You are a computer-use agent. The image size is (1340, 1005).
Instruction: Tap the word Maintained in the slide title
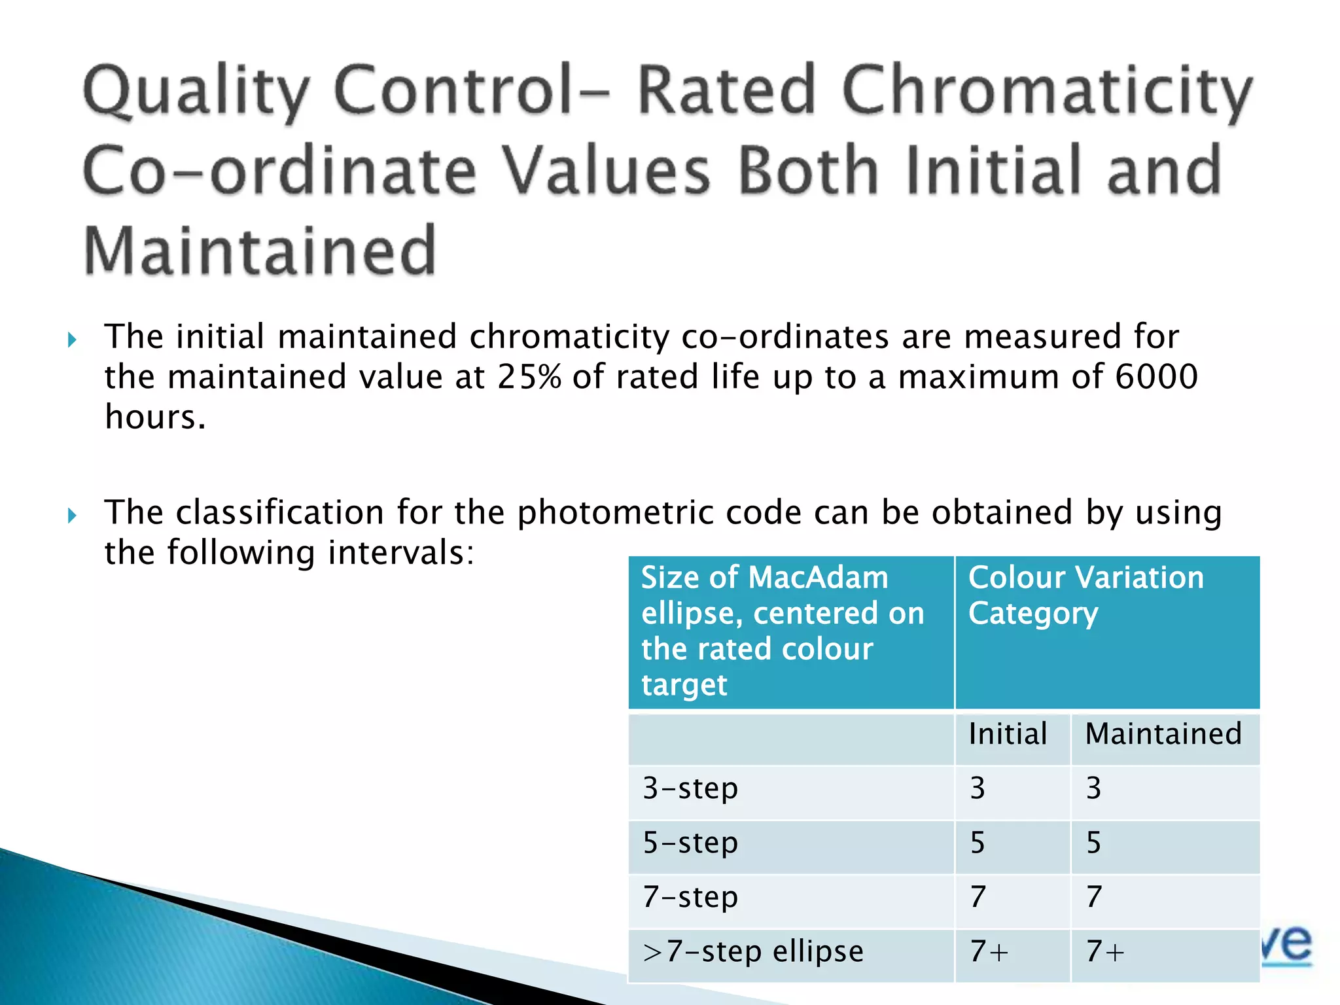[260, 251]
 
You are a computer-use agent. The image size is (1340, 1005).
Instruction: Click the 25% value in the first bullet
[529, 377]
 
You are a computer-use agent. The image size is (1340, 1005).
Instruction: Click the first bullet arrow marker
[72, 340]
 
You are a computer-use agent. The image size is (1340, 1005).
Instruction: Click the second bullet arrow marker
[72, 516]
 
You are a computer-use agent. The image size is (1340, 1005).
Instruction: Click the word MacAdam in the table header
[818, 578]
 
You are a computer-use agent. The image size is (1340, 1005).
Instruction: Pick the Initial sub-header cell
[1008, 734]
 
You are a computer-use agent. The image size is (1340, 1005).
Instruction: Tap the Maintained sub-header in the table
[1163, 734]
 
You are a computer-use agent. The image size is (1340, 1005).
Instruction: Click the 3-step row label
[690, 788]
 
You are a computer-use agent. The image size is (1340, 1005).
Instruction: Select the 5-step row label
[690, 843]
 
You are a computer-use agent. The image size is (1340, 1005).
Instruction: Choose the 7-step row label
[690, 897]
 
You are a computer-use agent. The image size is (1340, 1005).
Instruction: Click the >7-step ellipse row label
[752, 951]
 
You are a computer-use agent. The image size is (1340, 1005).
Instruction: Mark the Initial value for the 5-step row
[978, 843]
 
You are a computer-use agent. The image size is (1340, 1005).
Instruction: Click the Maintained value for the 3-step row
[1093, 788]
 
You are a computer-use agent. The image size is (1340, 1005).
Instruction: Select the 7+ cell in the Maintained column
[1105, 951]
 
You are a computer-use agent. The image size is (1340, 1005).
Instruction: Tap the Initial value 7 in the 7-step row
[978, 897]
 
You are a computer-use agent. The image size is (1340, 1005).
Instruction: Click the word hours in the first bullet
[155, 417]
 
